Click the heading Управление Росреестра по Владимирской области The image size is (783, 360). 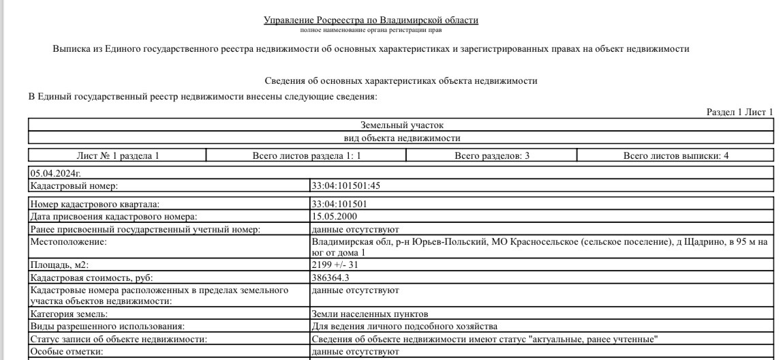point(371,20)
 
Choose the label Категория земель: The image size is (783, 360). point(69,314)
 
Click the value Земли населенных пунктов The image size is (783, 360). point(369,314)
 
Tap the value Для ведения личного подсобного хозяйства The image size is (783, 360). point(404,327)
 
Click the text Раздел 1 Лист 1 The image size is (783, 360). point(740,112)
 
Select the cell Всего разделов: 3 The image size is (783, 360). point(491,155)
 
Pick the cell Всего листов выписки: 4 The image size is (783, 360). point(675,155)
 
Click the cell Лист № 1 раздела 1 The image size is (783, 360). point(117,155)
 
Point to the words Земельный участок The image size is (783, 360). point(401,125)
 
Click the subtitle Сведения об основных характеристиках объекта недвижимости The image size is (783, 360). point(401,81)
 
